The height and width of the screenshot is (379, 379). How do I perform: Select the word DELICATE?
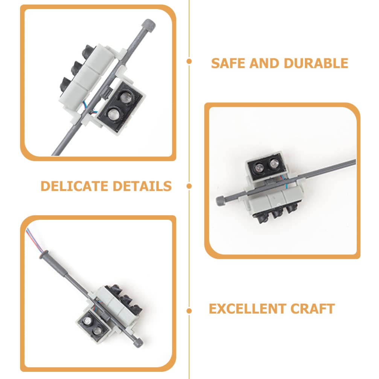tap(74, 186)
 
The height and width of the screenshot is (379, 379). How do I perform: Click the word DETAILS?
tap(142, 186)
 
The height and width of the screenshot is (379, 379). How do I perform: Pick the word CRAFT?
tap(312, 309)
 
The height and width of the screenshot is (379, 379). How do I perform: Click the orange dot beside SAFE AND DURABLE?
tap(189, 61)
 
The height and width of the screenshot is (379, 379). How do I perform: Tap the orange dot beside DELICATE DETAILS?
tap(189, 186)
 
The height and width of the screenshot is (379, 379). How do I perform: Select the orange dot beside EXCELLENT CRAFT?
tap(189, 311)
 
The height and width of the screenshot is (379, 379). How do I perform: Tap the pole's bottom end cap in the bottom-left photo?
tap(138, 343)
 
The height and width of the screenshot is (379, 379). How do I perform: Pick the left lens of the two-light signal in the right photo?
tap(259, 167)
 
